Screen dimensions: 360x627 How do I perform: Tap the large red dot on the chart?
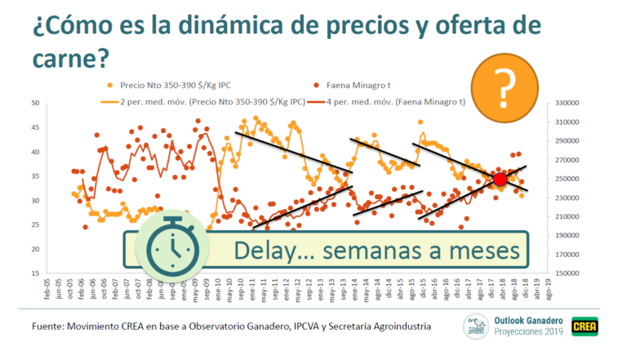[500, 180]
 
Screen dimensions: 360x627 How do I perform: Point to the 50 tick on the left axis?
[34, 103]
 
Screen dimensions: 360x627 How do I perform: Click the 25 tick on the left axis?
[34, 224]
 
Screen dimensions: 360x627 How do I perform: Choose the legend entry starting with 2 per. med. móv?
[205, 102]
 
